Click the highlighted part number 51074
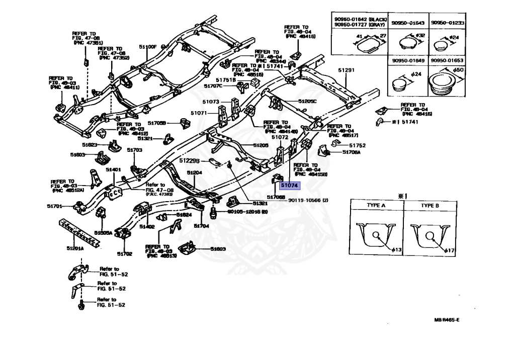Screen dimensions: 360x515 290,186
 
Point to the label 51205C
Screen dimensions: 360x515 307,101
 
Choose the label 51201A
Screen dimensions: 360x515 75,248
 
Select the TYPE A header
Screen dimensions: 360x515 375,206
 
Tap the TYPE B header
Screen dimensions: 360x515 430,206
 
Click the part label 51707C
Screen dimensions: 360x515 213,86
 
